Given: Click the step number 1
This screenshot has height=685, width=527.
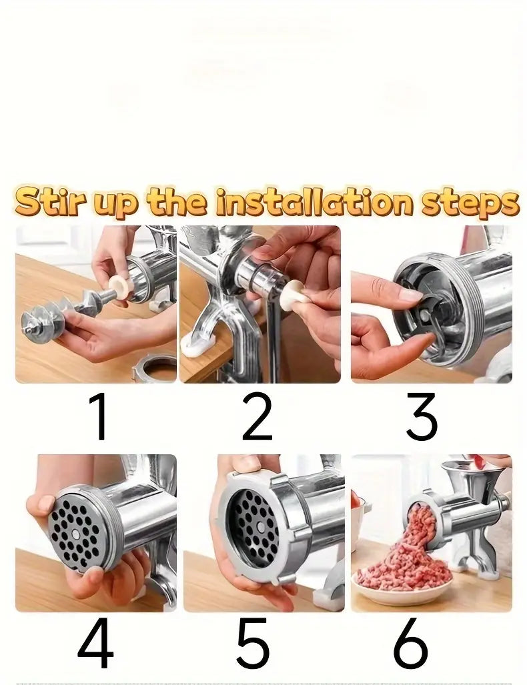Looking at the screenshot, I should (98, 417).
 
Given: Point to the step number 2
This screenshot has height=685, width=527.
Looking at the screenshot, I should (257, 417).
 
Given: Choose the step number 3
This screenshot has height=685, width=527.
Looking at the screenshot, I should (422, 417).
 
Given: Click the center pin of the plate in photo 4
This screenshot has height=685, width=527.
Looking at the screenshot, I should (78, 534).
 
